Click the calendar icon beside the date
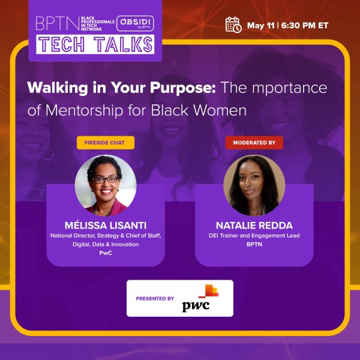(x=233, y=25)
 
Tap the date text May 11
(x=260, y=25)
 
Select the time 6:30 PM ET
(x=305, y=25)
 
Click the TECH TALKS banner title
(x=95, y=44)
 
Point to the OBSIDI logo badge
(x=135, y=23)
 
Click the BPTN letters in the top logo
(x=58, y=23)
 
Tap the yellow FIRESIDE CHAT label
(x=106, y=143)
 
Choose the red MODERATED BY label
(x=254, y=143)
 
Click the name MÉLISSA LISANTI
(x=106, y=226)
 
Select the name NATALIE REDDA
(x=254, y=226)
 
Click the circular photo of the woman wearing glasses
(x=106, y=185)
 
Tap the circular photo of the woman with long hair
(x=254, y=185)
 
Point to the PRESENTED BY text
(x=155, y=299)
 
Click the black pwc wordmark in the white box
(x=196, y=306)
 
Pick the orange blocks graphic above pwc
(x=209, y=291)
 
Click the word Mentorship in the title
(x=84, y=110)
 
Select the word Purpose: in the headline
(x=183, y=88)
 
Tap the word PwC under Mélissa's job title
(x=106, y=253)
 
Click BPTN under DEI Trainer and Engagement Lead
(x=254, y=244)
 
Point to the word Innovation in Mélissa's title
(x=125, y=244)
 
